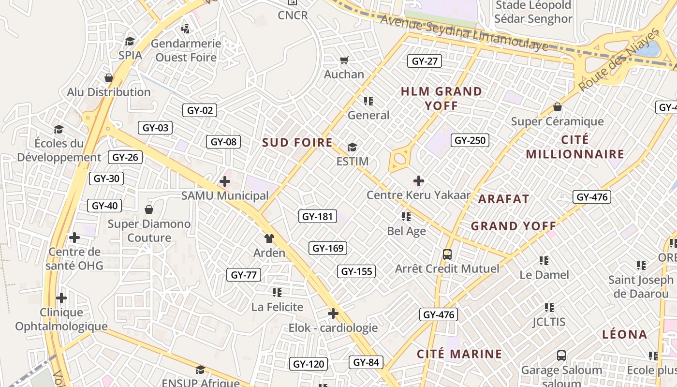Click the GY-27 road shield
[424, 61]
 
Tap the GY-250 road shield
[470, 140]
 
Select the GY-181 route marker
[317, 216]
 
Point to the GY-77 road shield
[244, 275]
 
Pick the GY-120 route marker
[309, 364]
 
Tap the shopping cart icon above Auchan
[344, 60]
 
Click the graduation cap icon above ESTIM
[352, 147]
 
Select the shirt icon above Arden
[269, 238]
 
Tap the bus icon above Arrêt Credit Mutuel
[447, 254]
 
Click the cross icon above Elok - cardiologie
[333, 313]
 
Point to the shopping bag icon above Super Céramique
[558, 107]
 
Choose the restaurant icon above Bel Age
[406, 217]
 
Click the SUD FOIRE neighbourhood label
[297, 143]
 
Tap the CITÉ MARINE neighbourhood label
[459, 354]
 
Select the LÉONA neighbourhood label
[624, 334]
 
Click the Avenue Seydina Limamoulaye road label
[464, 33]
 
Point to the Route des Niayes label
[619, 60]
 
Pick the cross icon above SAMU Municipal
[224, 182]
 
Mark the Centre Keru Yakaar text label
[418, 195]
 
